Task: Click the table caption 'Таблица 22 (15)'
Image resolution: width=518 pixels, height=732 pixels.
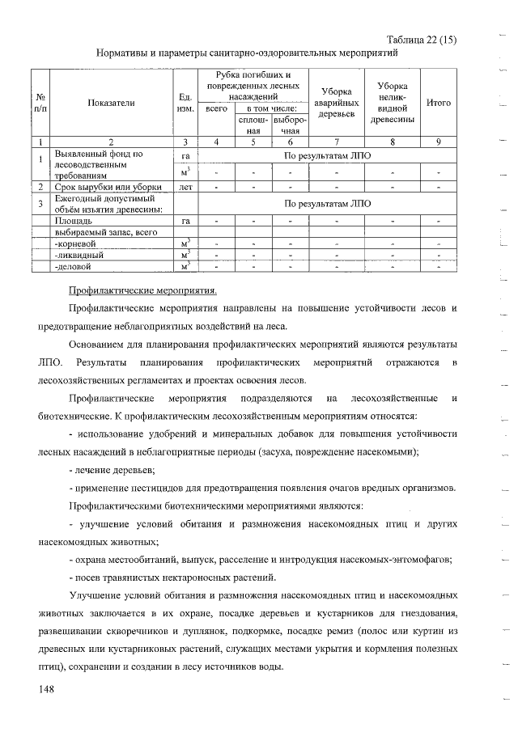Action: (422, 38)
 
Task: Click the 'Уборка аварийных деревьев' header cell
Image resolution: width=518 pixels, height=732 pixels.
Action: (334, 103)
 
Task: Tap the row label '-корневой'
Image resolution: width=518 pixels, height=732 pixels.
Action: (74, 242)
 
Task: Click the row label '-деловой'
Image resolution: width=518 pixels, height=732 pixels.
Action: (72, 265)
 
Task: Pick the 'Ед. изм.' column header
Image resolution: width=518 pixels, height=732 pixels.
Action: (185, 103)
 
